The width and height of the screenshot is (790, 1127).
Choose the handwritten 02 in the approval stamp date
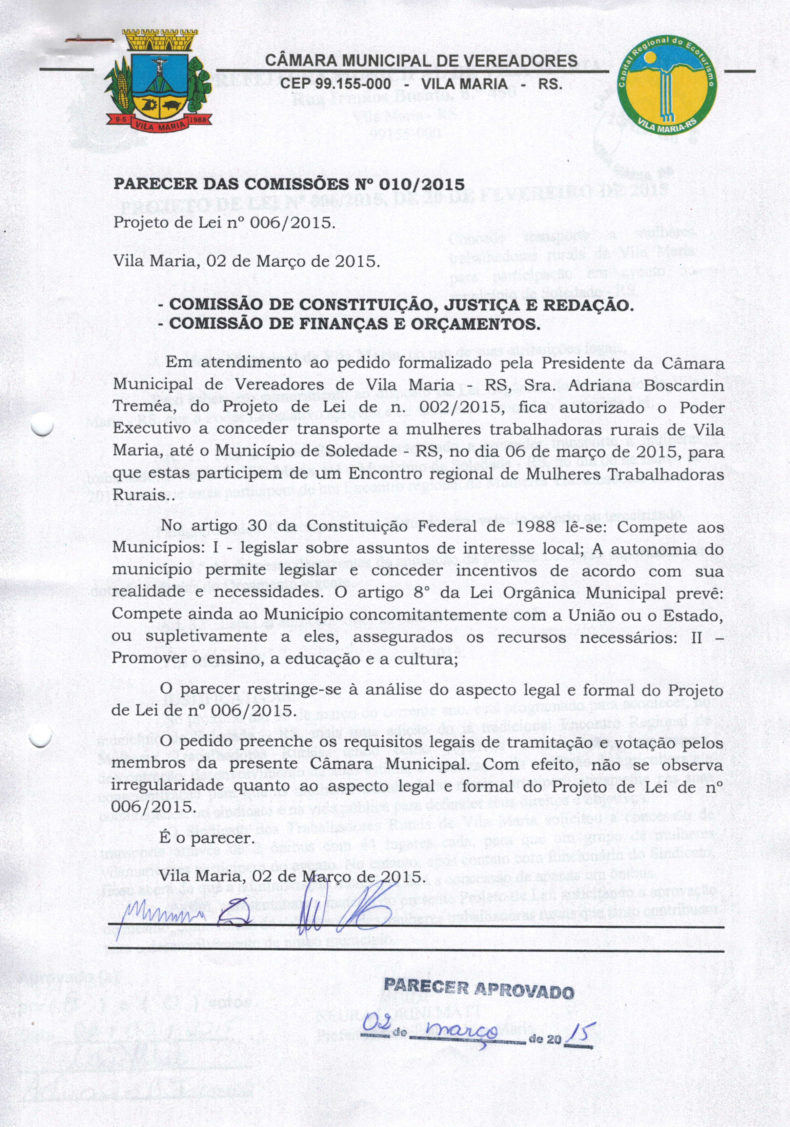point(377,1024)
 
